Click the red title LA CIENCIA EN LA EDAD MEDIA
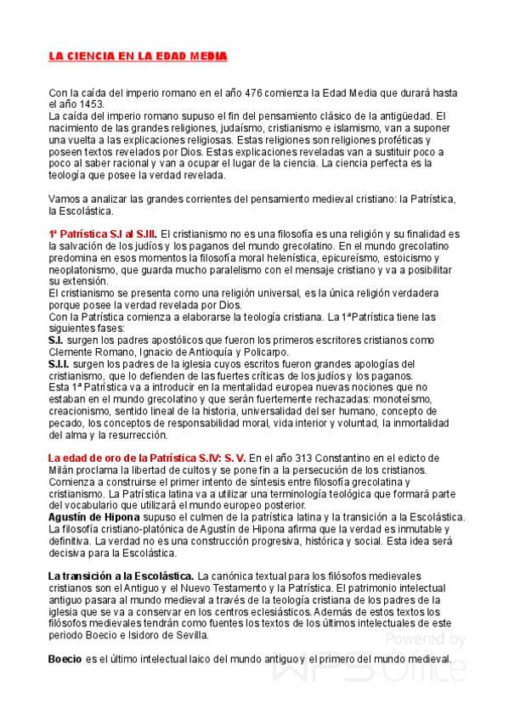click(138, 56)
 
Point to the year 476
click(254, 93)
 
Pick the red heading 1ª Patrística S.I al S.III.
click(102, 233)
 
